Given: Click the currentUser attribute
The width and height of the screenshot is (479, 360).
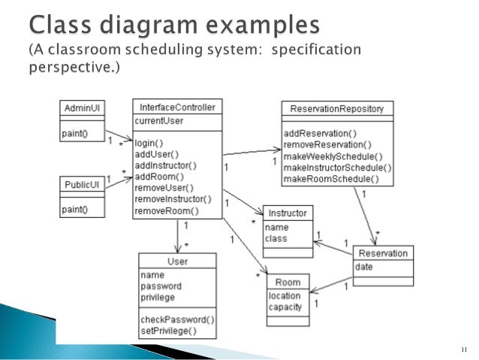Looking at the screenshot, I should pyautogui.click(x=159, y=120).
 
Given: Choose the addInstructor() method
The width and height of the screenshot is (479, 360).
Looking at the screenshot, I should pyautogui.click(x=165, y=165).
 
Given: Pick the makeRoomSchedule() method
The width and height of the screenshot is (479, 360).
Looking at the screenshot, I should pyautogui.click(x=331, y=179).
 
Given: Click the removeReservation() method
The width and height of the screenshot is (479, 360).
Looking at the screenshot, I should pyautogui.click(x=327, y=144).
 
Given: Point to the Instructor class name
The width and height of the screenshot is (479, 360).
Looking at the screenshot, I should pyautogui.click(x=288, y=213).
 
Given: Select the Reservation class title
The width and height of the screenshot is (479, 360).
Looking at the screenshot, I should pyautogui.click(x=383, y=253).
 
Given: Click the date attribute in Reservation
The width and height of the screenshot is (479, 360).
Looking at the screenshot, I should pyautogui.click(x=364, y=267).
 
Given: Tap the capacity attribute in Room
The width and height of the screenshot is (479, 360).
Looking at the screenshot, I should pyautogui.click(x=285, y=307).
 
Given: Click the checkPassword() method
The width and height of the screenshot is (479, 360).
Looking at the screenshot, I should pyautogui.click(x=177, y=319).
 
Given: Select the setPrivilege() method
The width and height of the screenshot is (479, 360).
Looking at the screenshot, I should pyautogui.click(x=168, y=331).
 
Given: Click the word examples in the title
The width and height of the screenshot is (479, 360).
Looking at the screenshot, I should pyautogui.click(x=255, y=26).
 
